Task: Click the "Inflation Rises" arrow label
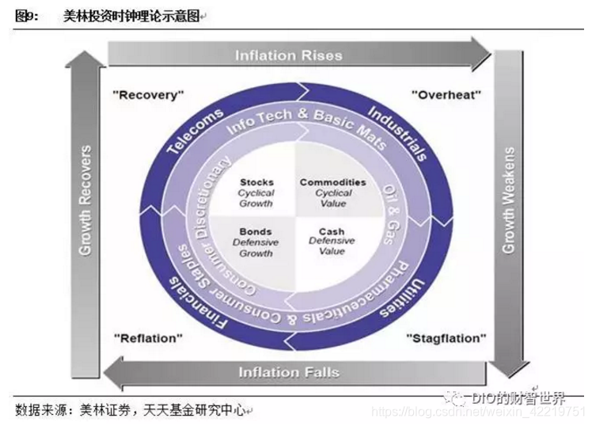pyautogui.click(x=289, y=55)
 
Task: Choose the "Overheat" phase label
pyautogui.click(x=446, y=94)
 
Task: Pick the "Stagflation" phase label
pyautogui.click(x=446, y=338)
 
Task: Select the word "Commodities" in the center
pyautogui.click(x=332, y=182)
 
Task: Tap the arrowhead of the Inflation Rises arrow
pyautogui.click(x=483, y=55)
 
